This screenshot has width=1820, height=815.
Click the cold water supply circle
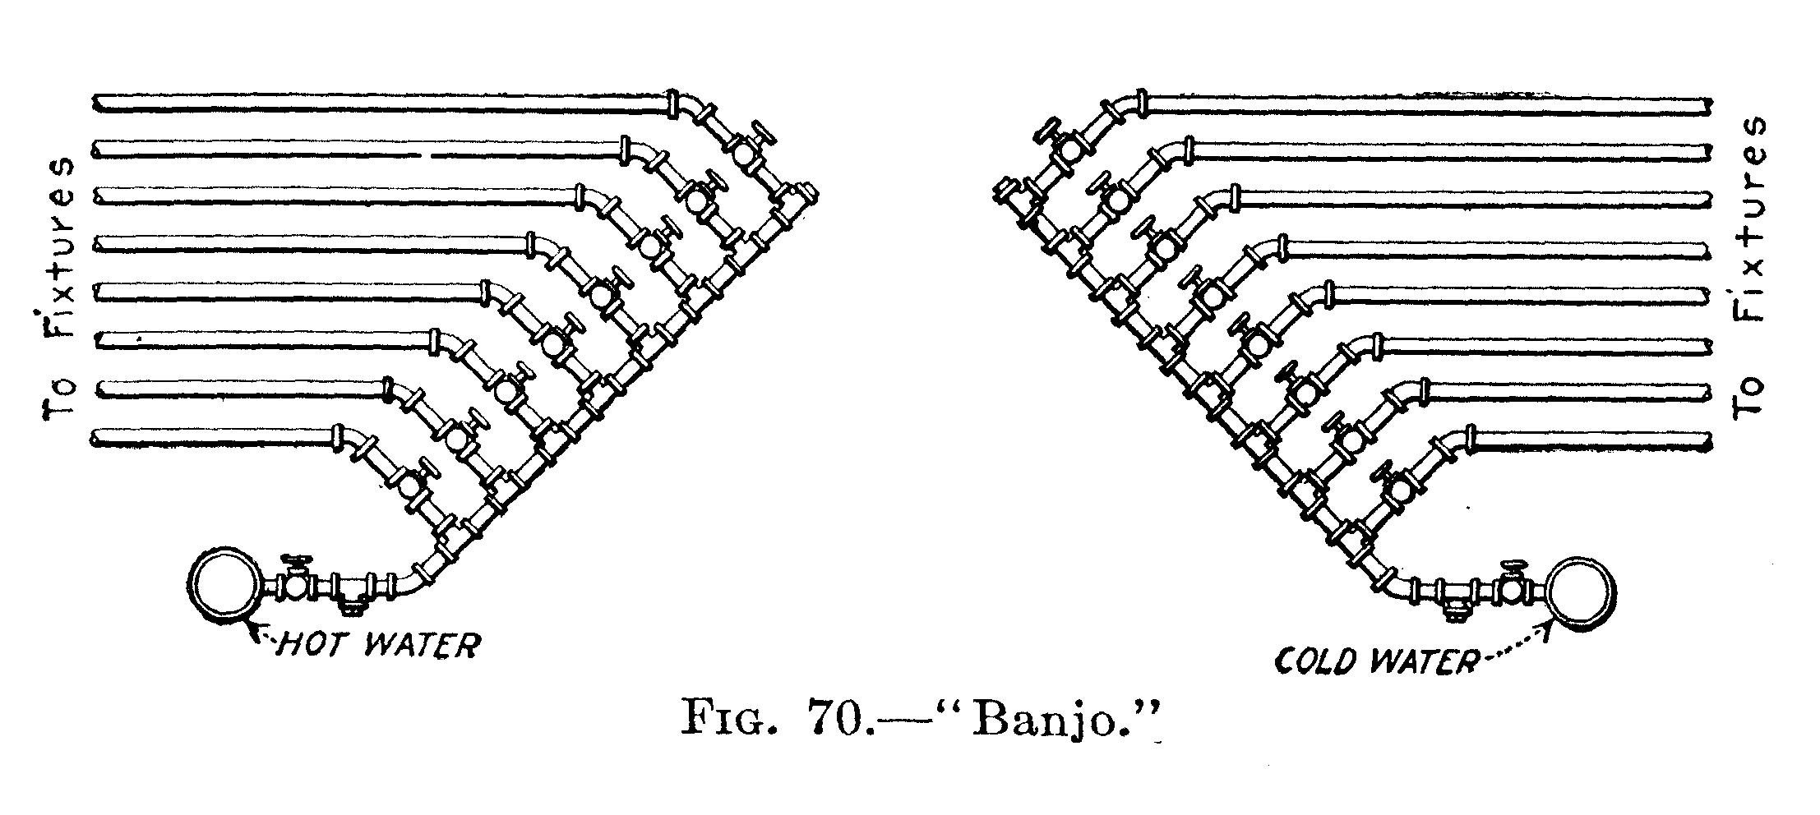click(x=1582, y=595)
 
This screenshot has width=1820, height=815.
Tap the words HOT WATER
click(x=377, y=644)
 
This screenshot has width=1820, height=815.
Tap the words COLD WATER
click(x=1374, y=660)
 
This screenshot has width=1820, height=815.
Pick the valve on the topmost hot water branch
click(x=745, y=149)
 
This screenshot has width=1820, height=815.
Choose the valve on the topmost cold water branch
click(x=1066, y=146)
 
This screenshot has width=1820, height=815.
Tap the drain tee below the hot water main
click(x=351, y=593)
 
